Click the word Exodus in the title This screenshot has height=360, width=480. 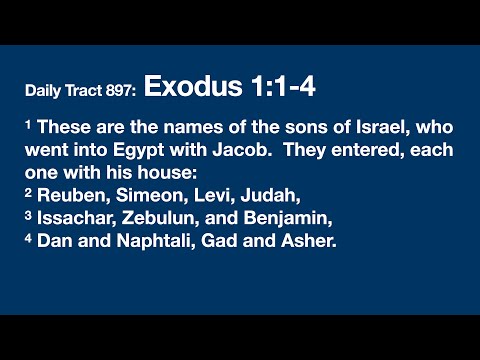[x=191, y=87]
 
